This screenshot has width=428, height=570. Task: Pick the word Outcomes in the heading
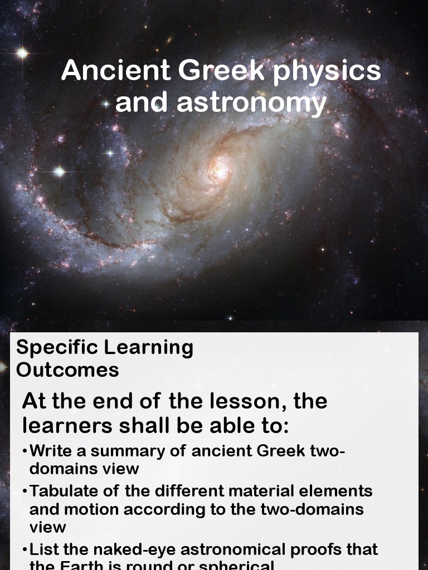[67, 370]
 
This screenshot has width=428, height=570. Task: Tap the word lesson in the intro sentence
[244, 401]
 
